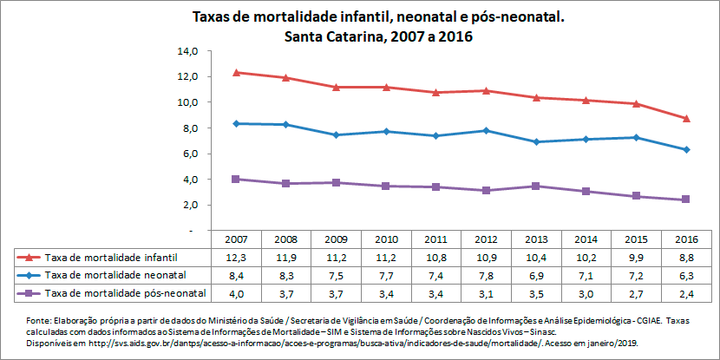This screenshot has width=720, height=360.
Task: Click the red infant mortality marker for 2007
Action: click(238, 72)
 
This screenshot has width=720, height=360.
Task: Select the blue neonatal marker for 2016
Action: click(686, 150)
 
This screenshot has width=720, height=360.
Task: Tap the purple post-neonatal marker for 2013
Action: click(537, 187)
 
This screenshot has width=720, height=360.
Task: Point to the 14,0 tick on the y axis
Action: click(188, 51)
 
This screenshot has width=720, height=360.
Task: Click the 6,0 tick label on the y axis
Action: click(191, 154)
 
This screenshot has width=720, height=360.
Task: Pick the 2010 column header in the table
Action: click(387, 239)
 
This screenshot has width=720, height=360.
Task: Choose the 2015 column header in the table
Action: click(636, 239)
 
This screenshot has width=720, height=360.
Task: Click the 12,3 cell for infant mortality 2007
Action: click(237, 258)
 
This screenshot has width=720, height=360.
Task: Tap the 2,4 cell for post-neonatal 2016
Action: click(685, 294)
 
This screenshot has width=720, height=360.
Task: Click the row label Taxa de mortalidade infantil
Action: click(113, 258)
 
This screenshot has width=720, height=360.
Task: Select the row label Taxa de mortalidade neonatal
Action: click(115, 276)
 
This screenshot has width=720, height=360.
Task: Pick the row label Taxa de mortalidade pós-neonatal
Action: click(125, 294)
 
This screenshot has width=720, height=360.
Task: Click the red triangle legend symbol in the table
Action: click(29, 258)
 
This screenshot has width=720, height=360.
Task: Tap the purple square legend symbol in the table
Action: click(29, 294)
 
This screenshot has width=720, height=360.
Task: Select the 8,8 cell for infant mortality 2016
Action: click(685, 258)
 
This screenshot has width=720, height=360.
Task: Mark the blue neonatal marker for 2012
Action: click(488, 131)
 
